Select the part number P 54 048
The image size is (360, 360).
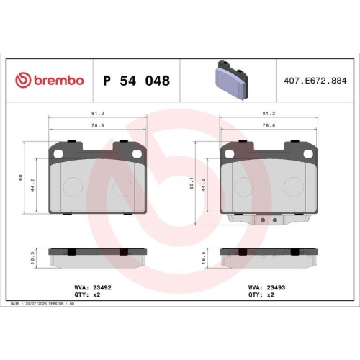pyautogui.click(x=137, y=81)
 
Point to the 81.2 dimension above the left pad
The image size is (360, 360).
pyautogui.click(x=95, y=114)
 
